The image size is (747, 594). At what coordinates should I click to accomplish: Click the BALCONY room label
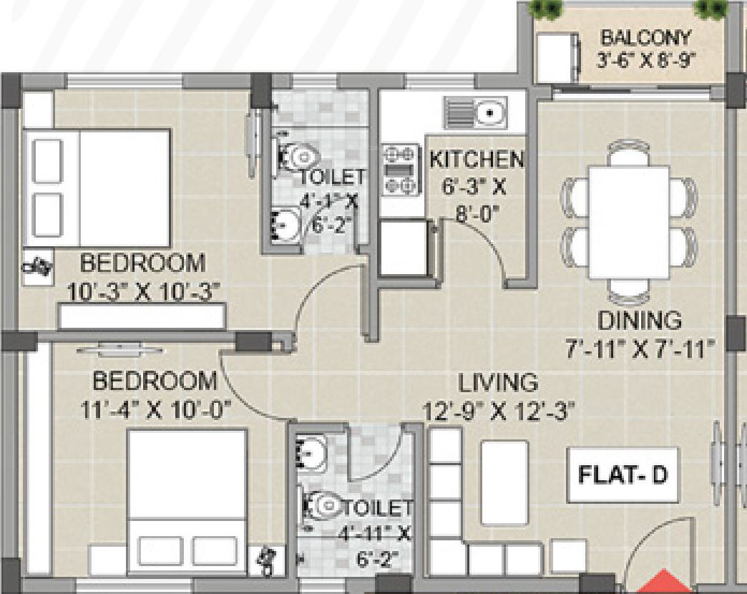[x=645, y=37]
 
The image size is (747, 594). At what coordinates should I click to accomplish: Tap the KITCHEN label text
[x=477, y=160]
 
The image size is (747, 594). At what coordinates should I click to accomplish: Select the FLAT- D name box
[x=622, y=475]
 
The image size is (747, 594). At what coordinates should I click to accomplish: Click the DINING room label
[x=640, y=321]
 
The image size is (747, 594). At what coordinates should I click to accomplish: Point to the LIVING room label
[x=498, y=382]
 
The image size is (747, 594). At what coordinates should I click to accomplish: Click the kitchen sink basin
[x=489, y=113]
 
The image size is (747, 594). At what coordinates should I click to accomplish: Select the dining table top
[x=630, y=222]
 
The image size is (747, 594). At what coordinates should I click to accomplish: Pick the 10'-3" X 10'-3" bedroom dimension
[x=144, y=291]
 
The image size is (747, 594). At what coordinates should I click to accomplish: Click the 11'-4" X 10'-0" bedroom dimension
[x=156, y=409]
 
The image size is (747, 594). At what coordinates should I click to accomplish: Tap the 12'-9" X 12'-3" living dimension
[x=499, y=412]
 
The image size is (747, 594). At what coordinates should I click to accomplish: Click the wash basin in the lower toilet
[x=311, y=452]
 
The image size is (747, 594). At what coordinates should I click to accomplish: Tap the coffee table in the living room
[x=505, y=483]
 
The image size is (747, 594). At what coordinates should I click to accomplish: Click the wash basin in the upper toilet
[x=285, y=224]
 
